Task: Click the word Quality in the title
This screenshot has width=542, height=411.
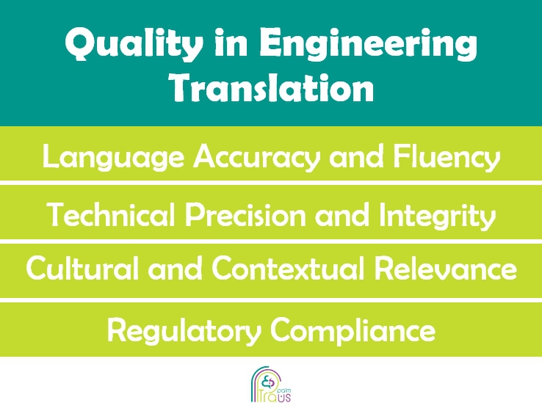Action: pos(134,44)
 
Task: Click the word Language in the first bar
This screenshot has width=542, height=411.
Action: pos(113,158)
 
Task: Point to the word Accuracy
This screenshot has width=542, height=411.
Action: pos(255,158)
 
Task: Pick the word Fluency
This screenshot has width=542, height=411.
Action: pos(447,158)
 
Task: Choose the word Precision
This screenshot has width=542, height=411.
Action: pos(245,216)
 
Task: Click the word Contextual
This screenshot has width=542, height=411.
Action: pos(289,268)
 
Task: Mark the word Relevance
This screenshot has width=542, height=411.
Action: pos(446,268)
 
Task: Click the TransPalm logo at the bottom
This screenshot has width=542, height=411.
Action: pos(271,385)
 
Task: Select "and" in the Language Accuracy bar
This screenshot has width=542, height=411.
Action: pos(356,156)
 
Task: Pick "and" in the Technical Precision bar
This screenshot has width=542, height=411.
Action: pos(342,215)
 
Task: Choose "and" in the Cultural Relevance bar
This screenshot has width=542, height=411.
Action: pos(175,268)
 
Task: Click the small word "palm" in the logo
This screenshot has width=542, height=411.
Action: pos(284,390)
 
